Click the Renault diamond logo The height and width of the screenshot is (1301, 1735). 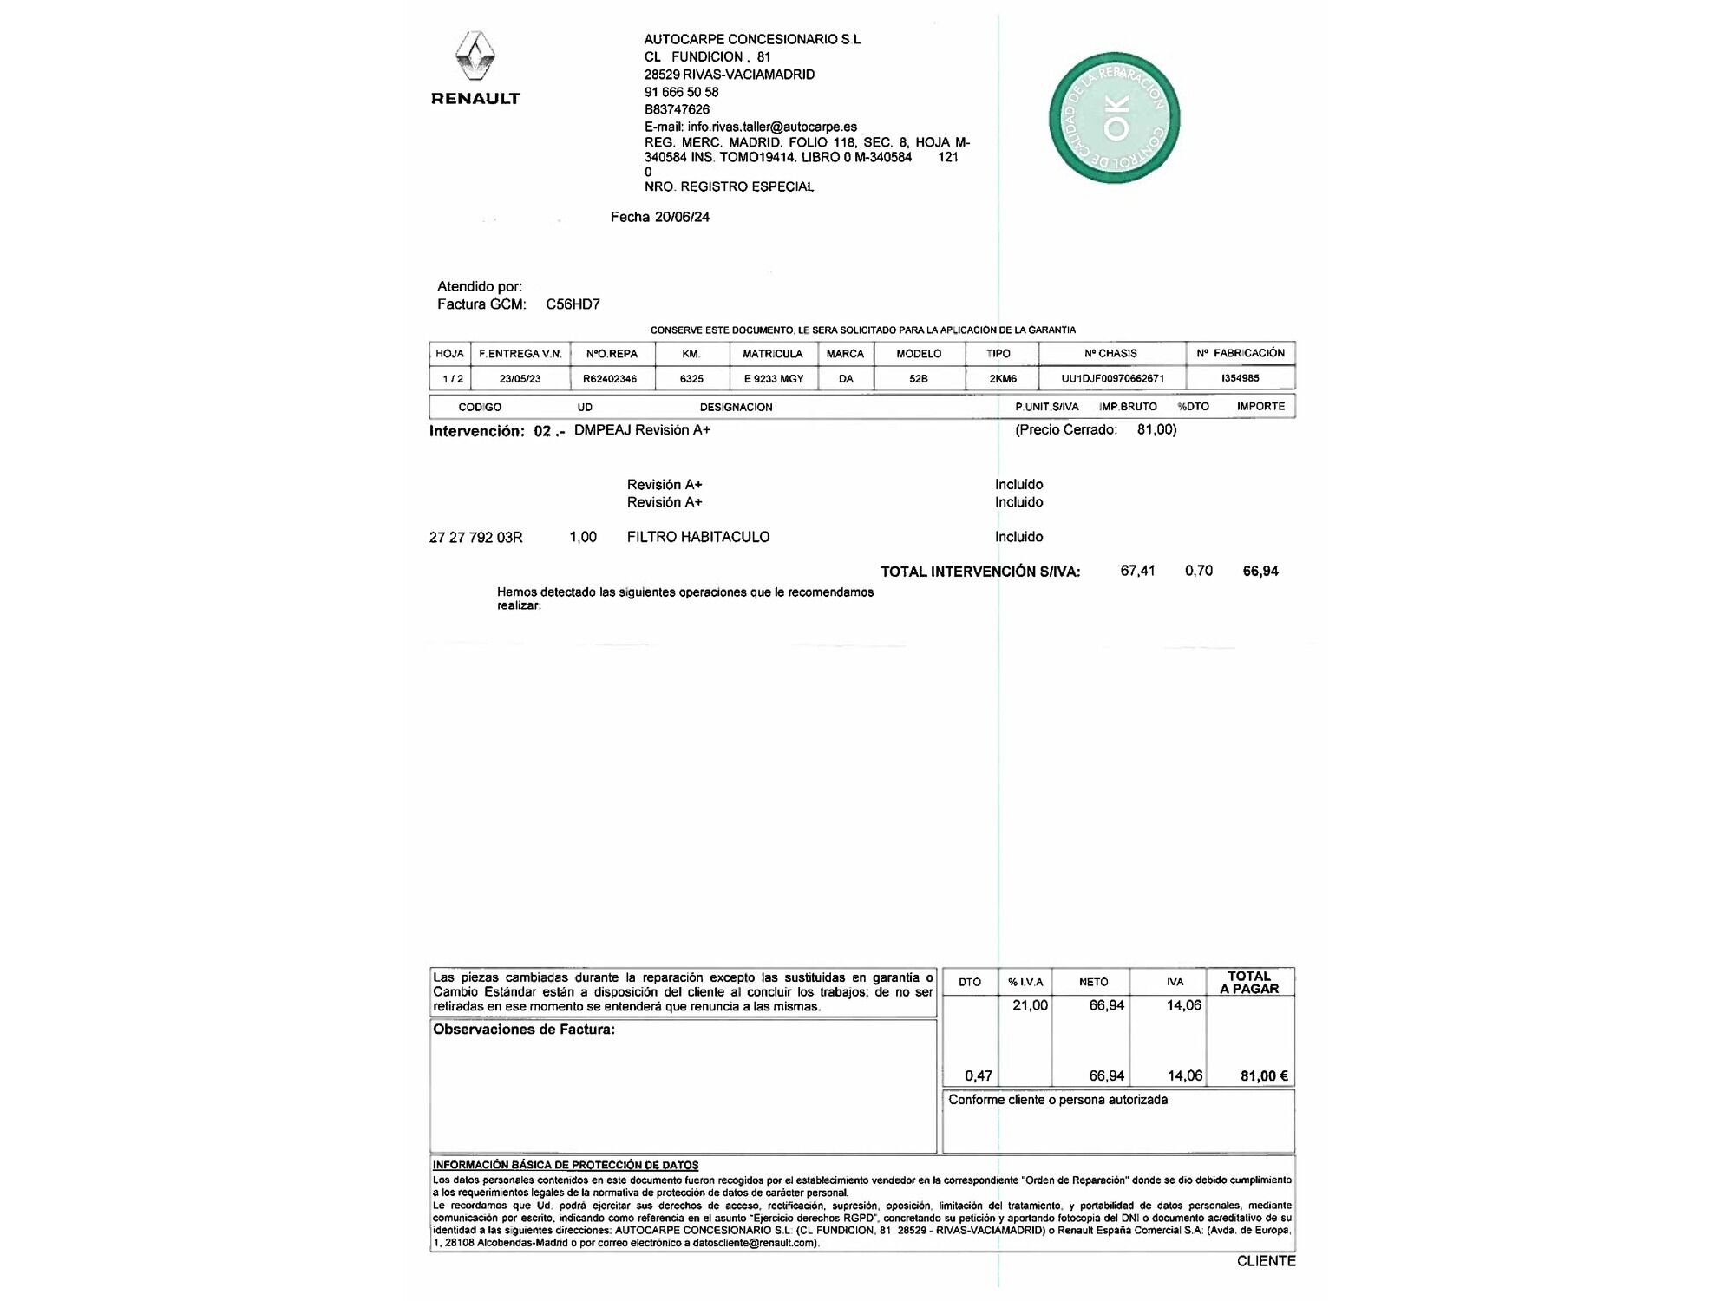click(x=475, y=56)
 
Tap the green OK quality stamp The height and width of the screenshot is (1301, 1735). click(x=1115, y=118)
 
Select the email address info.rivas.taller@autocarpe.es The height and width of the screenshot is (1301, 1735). click(x=772, y=127)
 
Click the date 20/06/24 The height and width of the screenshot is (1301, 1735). click(x=682, y=217)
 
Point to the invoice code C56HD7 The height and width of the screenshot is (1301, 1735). click(x=573, y=304)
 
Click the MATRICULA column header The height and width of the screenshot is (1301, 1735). click(x=772, y=354)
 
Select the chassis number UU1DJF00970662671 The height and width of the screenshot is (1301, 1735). click(x=1112, y=379)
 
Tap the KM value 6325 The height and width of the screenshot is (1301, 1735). click(x=691, y=379)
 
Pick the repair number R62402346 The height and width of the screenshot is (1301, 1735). click(x=610, y=379)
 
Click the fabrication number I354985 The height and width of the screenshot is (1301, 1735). click(x=1240, y=378)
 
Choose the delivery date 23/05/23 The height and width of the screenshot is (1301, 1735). click(x=520, y=379)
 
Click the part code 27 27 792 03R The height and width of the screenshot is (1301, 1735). click(x=475, y=538)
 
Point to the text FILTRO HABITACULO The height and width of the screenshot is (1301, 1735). click(x=698, y=537)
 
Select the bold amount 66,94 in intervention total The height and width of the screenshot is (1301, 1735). click(x=1260, y=571)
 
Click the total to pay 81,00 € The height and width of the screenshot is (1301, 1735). click(x=1264, y=1076)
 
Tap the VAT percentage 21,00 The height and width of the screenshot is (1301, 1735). click(x=1030, y=1005)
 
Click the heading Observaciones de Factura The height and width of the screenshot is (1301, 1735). click(x=524, y=1030)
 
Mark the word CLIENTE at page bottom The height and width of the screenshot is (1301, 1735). click(x=1266, y=1261)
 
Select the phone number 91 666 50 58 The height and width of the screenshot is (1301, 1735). click(x=681, y=92)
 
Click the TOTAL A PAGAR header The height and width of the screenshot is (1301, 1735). click(x=1249, y=983)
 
